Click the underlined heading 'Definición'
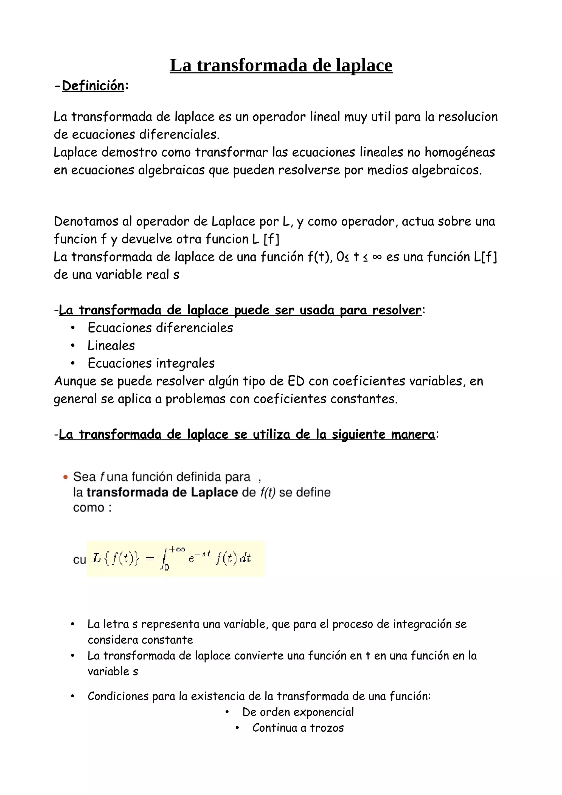[x=93, y=86]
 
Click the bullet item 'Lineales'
[x=111, y=346]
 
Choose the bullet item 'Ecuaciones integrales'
[x=151, y=363]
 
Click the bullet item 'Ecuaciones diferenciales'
[x=160, y=328]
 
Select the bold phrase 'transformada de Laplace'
[x=162, y=492]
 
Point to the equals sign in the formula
[x=150, y=559]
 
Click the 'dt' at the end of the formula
[x=245, y=558]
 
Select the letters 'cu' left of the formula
[x=79, y=560]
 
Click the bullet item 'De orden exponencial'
[x=298, y=712]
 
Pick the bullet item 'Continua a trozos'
[x=298, y=728]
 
